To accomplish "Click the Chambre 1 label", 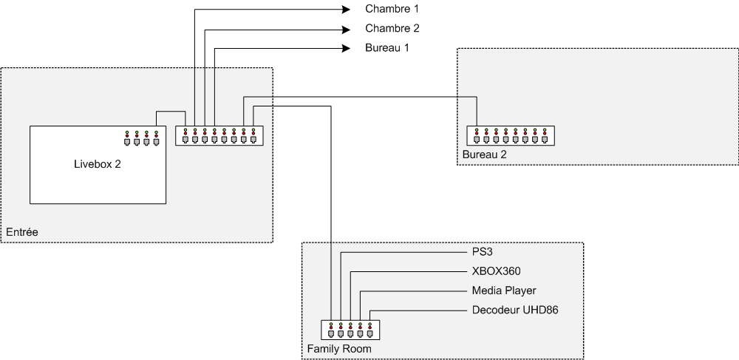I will coord(392,10).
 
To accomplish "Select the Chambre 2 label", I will coord(392,29).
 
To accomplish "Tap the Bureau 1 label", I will coord(387,48).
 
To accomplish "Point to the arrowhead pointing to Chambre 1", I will coord(345,10).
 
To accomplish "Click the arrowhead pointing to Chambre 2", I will coord(345,30).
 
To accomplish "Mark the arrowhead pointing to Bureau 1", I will coord(345,49).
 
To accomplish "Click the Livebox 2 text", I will coord(97,164).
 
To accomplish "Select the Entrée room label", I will coord(21,232).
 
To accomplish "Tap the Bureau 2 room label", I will coord(485,154).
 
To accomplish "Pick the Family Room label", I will coord(338,348).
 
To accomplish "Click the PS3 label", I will coord(482,252).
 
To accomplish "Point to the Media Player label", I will coord(503,291).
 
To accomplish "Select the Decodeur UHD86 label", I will coord(514,310).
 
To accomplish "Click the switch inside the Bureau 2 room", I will coord(510,135).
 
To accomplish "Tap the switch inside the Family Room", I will coord(350,330).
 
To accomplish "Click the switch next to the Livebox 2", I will coord(219,135).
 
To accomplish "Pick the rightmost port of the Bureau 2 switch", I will coord(544,137).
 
